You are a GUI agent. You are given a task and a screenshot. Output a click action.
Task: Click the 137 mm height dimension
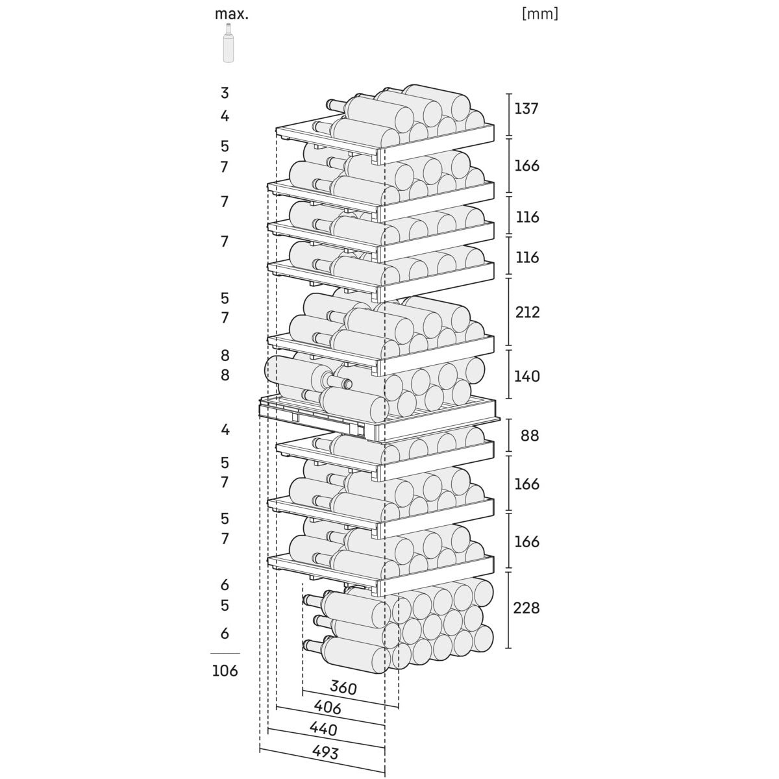click(x=526, y=108)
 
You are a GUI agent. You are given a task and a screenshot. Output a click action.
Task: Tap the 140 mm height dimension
click(x=526, y=376)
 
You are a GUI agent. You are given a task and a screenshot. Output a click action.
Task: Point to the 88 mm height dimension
click(x=530, y=435)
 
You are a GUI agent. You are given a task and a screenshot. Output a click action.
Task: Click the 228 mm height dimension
click(x=526, y=608)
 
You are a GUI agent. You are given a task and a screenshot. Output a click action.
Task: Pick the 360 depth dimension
click(x=343, y=687)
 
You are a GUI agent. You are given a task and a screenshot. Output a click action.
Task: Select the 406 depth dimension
click(x=327, y=708)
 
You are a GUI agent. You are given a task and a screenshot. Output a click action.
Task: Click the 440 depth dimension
click(x=323, y=729)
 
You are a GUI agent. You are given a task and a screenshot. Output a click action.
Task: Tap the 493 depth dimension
click(x=325, y=752)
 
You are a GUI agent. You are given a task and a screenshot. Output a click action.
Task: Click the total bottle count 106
click(x=225, y=671)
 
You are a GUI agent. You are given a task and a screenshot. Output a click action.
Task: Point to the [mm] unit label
click(x=539, y=14)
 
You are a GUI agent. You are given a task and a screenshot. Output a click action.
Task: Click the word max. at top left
click(x=231, y=14)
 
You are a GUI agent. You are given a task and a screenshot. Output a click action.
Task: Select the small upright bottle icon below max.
click(x=228, y=43)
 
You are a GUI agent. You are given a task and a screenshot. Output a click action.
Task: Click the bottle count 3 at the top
click(x=225, y=93)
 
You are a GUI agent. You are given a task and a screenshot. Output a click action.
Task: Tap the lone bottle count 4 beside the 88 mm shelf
click(x=225, y=429)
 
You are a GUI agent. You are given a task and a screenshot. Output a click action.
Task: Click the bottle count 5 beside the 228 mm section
click(x=225, y=605)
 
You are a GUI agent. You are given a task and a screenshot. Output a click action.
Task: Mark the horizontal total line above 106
click(x=225, y=653)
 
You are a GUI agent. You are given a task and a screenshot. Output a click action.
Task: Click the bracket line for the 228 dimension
click(x=508, y=610)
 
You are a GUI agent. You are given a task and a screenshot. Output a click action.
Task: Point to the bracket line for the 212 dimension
click(x=508, y=312)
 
